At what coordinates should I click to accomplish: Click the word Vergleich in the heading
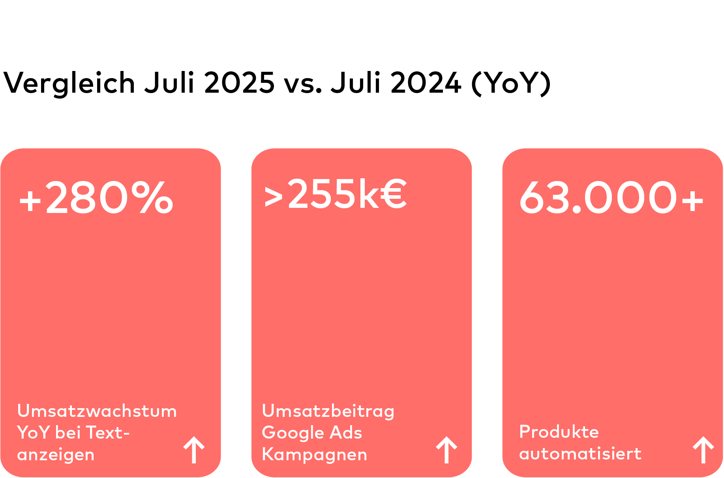click(69, 83)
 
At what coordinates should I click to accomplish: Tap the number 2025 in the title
click(239, 83)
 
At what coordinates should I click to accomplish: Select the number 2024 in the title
click(426, 83)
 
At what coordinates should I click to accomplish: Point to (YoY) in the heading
click(511, 83)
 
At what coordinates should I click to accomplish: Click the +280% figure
click(96, 198)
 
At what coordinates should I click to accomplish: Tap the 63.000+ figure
click(611, 198)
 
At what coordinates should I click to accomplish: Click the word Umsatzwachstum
click(97, 411)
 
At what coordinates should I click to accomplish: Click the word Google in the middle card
click(293, 433)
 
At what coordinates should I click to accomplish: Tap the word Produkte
click(559, 432)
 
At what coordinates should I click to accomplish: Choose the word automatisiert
click(580, 454)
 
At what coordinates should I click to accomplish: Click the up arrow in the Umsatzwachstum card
click(194, 450)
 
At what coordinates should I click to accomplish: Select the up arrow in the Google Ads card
click(446, 450)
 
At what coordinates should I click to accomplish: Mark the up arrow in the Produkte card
click(703, 450)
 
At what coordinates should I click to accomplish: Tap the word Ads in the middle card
click(346, 433)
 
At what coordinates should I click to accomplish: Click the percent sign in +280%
click(152, 198)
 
